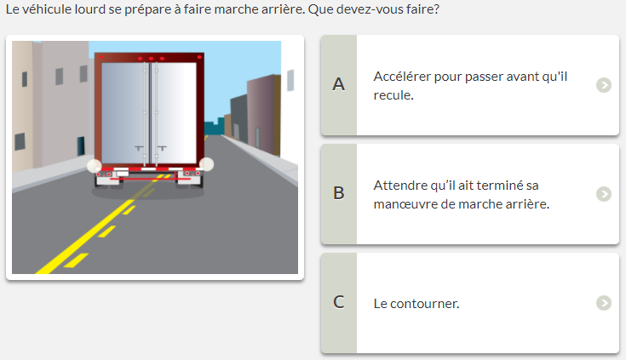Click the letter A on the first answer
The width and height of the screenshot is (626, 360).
pos(339,84)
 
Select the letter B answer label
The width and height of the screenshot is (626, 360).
pos(339,193)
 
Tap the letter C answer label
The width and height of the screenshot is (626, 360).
pos(339,302)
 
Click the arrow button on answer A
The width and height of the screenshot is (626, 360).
pos(604,85)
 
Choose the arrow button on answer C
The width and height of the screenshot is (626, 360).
pos(604,303)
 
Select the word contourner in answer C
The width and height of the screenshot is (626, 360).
pos(424,304)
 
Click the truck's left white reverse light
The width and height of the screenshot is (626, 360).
pos(95,166)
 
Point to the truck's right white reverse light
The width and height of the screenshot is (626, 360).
pos(206,164)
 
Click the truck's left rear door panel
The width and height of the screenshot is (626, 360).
pos(123,113)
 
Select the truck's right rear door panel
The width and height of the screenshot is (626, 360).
pos(175,113)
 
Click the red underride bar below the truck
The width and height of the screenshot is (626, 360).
pos(150,179)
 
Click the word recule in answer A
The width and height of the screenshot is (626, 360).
pos(393,95)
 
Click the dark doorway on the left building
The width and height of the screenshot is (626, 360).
pos(81,146)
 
